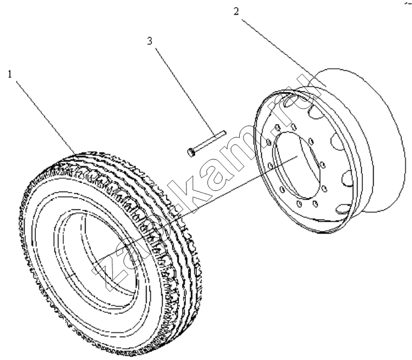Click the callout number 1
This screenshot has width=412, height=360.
(10, 74)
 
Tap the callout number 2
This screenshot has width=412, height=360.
(236, 11)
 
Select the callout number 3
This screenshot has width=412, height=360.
(149, 41)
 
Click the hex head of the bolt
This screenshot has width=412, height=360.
(191, 152)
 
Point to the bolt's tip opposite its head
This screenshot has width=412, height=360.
(225, 132)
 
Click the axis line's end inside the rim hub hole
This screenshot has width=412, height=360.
(297, 156)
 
